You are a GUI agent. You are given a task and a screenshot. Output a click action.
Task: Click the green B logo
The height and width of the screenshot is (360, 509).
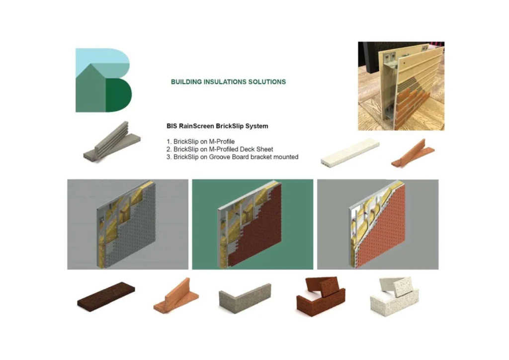(x=103, y=80)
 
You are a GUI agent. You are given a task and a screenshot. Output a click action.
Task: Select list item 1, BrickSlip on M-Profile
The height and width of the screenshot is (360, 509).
(x=200, y=142)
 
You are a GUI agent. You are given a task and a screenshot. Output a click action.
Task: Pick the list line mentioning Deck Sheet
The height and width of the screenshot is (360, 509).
(x=220, y=149)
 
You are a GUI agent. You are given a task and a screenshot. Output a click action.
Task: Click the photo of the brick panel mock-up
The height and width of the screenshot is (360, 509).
(x=401, y=86)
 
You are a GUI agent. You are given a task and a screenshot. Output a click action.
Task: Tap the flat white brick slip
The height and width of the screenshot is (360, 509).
(x=350, y=153)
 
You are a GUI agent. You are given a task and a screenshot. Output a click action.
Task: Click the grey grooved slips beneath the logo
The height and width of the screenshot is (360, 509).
(x=112, y=142)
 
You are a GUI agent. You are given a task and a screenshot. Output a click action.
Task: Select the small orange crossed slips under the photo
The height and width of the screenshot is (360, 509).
(x=413, y=154)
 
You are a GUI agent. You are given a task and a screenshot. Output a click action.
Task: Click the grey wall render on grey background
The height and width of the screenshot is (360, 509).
(x=128, y=224)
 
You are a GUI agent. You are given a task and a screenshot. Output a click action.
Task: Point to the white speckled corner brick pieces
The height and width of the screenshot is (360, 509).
(x=394, y=297)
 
